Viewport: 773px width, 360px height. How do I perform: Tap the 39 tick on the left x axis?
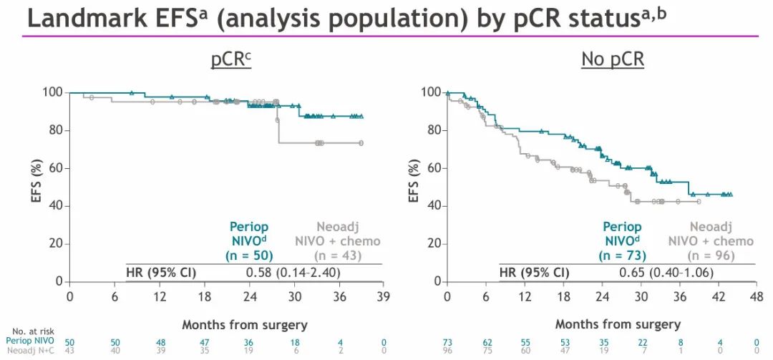coord(384,296)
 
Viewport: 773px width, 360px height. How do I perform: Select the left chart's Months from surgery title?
coord(244,325)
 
